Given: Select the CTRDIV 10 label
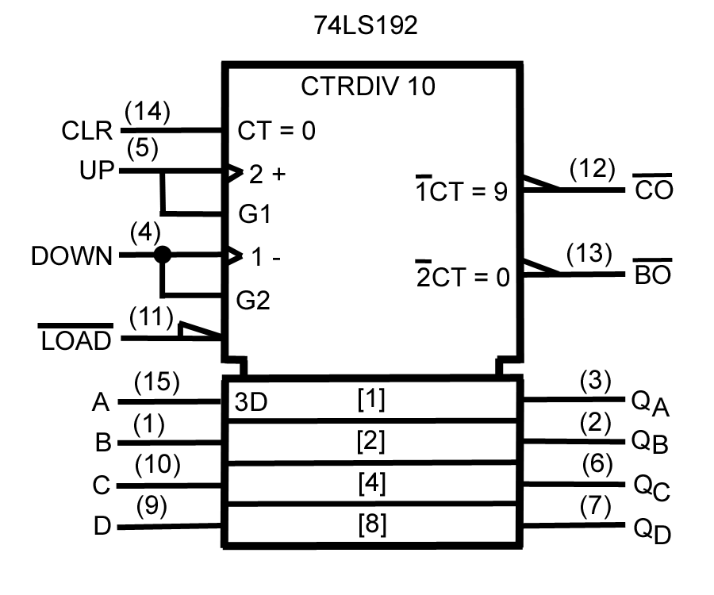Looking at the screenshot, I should point(368,86).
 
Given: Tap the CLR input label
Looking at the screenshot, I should point(86,131).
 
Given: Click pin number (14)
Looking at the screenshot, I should point(148,112).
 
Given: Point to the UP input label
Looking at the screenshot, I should point(97,171).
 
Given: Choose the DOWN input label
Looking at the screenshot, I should point(71,256).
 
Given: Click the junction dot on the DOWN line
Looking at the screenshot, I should point(163,255).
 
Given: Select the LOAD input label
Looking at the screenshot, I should point(75,341).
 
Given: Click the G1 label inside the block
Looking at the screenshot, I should point(254,215).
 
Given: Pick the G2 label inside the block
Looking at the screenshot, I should point(254,300).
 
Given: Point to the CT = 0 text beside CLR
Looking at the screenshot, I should point(276,131).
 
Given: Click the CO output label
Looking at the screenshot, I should point(653,191).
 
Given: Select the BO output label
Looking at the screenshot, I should point(652,276).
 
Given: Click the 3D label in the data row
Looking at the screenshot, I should point(251,403).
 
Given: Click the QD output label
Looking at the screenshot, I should point(651,530).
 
